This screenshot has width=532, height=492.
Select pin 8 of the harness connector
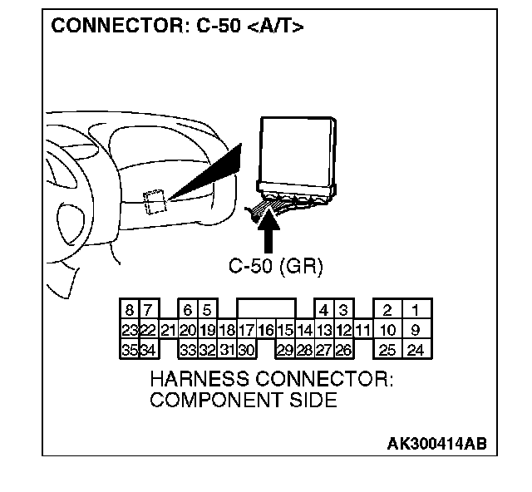[x=130, y=311]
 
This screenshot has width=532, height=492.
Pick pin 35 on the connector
[x=130, y=350]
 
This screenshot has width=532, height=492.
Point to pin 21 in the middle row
[x=168, y=331]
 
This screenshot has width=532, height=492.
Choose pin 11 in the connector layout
[x=362, y=331]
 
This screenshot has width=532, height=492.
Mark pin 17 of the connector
[x=247, y=331]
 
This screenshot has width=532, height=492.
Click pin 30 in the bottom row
[x=247, y=350]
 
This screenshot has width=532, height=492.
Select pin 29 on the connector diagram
[x=285, y=350]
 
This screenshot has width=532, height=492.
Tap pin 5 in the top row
[x=207, y=311]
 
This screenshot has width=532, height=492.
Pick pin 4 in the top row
[x=324, y=311]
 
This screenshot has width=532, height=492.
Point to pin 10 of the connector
[x=387, y=331]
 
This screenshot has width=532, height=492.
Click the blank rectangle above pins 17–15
[x=266, y=310]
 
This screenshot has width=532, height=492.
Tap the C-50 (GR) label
[x=274, y=267]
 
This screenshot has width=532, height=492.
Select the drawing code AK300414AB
[x=436, y=442]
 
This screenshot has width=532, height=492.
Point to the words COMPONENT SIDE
[x=243, y=401]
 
